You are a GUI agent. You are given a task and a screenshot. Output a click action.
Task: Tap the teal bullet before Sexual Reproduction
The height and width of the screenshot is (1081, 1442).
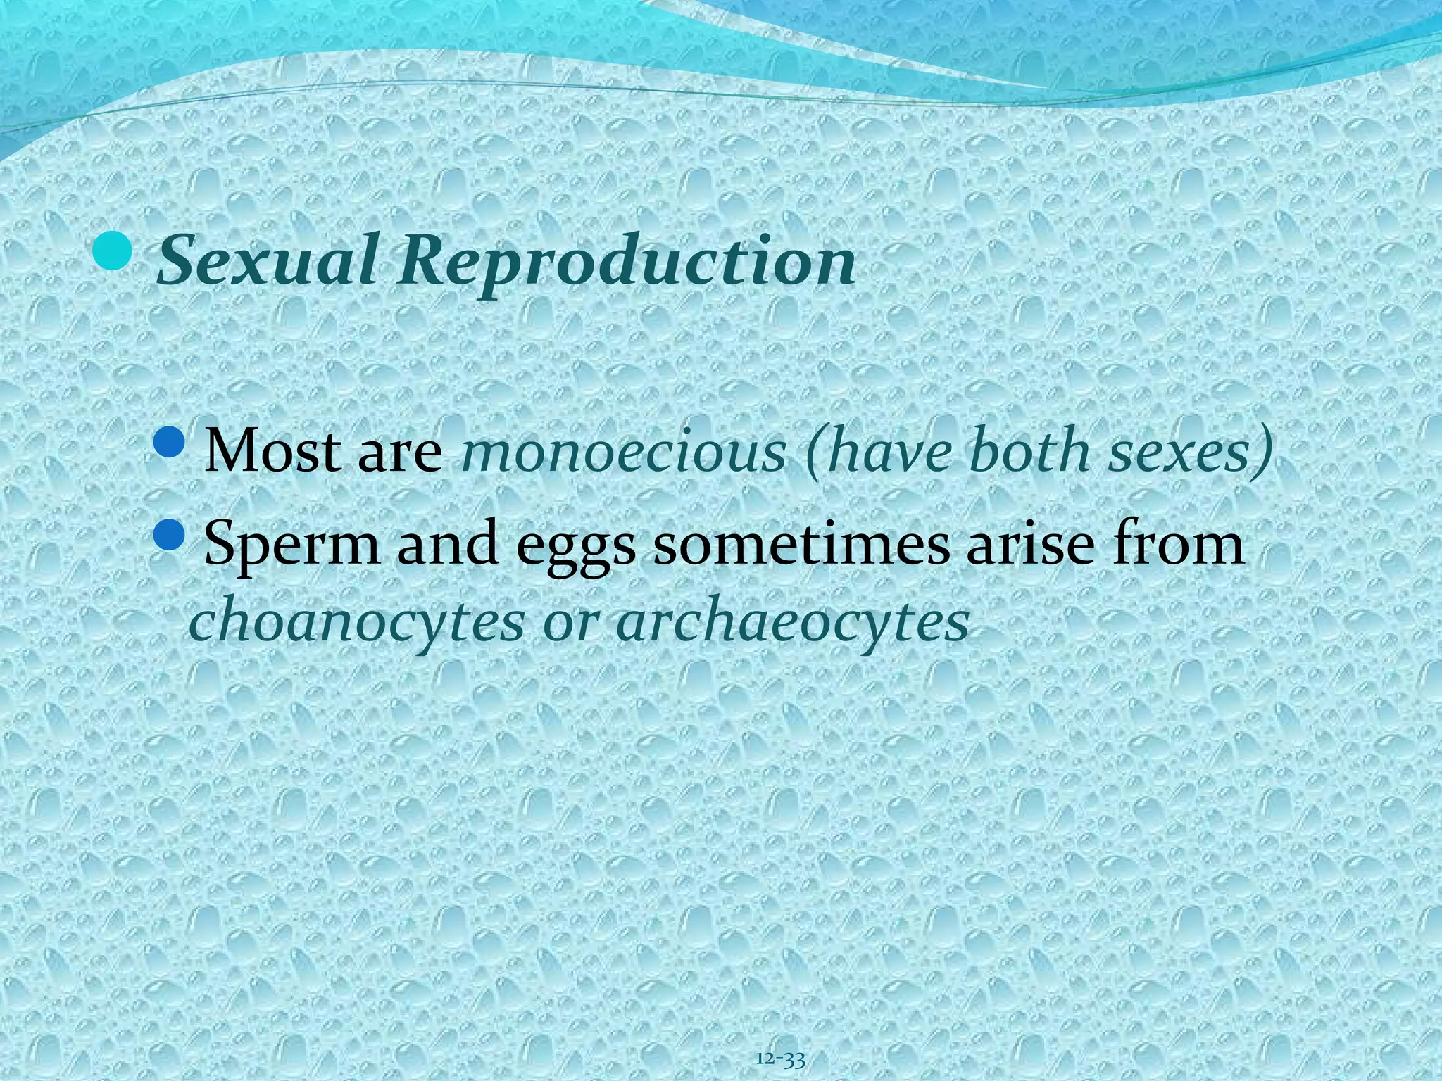(x=113, y=253)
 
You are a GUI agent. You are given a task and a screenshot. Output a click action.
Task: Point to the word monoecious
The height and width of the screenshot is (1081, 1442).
(x=623, y=450)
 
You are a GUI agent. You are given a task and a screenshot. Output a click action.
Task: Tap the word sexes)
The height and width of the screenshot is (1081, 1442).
(x=1191, y=450)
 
